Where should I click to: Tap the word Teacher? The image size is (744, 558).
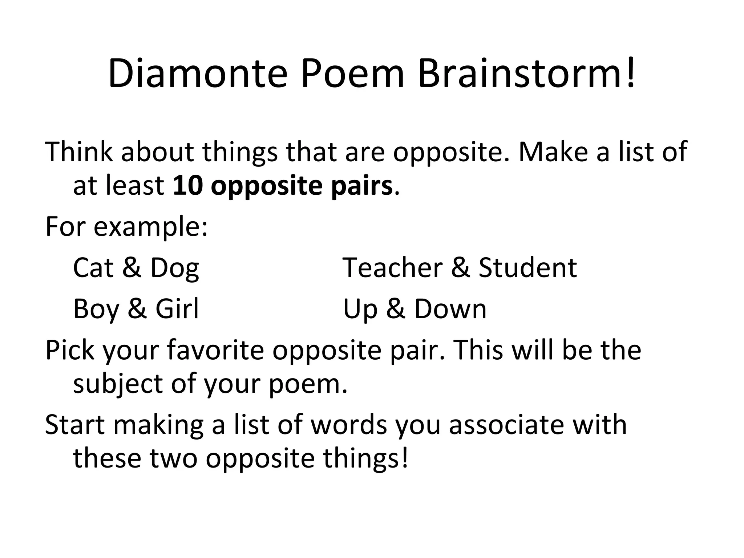pyautogui.click(x=393, y=268)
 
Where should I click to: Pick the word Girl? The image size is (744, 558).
pyautogui.click(x=177, y=309)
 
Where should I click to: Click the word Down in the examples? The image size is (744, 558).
pyautogui.click(x=450, y=309)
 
